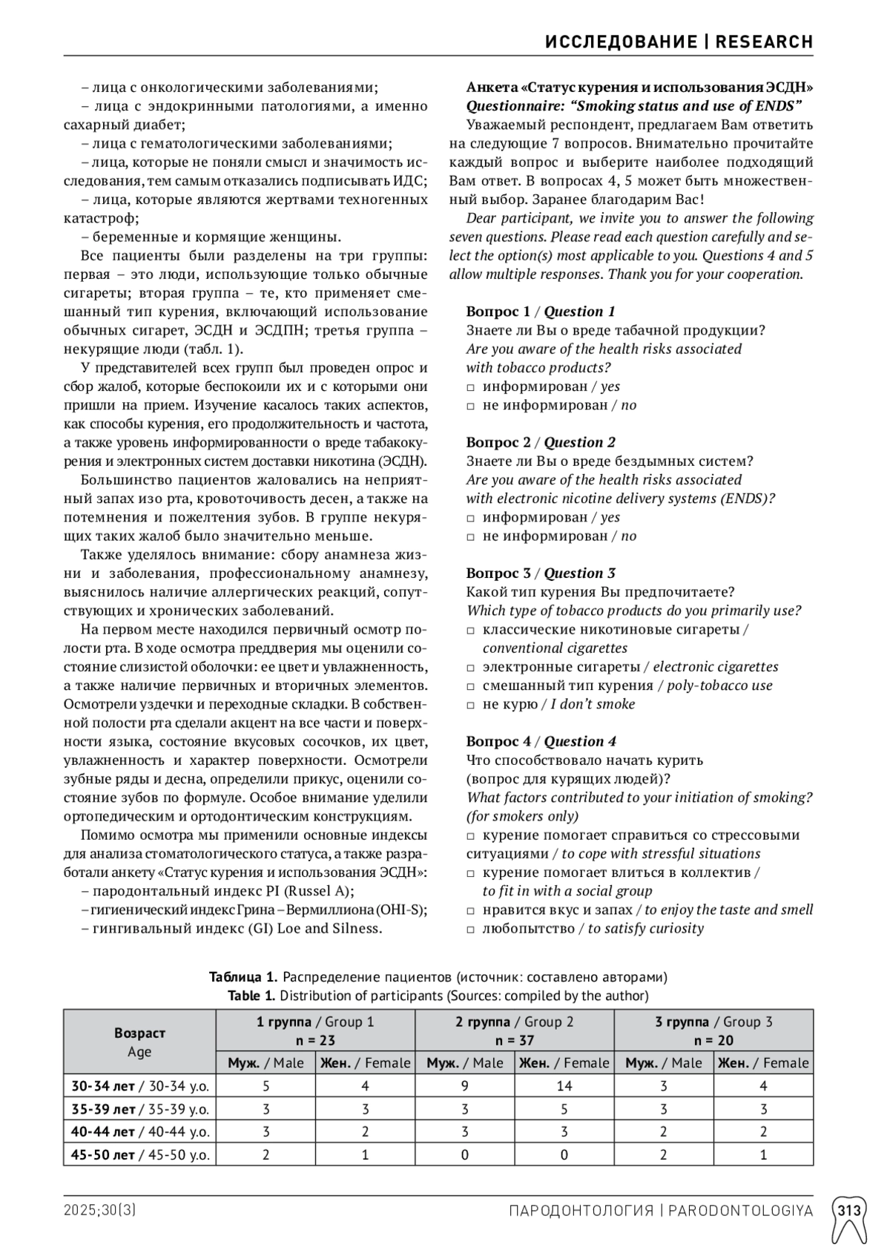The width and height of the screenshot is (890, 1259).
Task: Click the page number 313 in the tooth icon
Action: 849,1211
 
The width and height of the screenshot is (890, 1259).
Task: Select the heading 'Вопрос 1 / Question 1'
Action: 540,312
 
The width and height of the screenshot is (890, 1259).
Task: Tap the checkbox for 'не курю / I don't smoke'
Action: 470,705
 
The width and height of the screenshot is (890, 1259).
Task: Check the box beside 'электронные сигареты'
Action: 470,668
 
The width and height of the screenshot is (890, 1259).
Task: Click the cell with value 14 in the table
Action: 564,1085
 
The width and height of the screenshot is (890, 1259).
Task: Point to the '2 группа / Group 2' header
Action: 514,1022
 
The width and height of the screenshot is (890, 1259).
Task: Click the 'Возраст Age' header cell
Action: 139,1042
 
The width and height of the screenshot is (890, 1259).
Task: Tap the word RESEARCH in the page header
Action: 764,42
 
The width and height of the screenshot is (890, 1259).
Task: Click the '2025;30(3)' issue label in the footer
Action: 99,1211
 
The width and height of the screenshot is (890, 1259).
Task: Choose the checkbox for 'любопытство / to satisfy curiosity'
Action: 470,929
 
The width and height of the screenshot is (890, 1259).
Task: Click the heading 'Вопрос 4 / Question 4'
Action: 541,741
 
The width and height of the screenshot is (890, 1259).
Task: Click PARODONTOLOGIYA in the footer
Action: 740,1211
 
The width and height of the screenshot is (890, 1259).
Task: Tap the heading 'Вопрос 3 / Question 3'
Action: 541,573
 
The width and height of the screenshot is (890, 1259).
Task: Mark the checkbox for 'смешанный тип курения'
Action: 470,686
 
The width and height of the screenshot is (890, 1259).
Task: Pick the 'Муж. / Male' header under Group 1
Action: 266,1062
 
